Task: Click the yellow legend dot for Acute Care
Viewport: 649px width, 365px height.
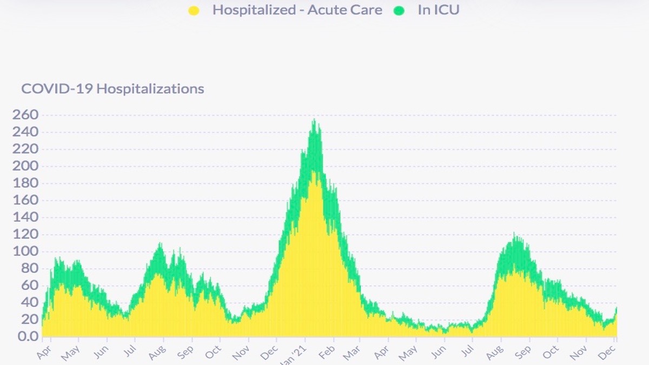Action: (x=193, y=10)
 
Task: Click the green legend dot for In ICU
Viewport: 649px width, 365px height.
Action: (x=399, y=10)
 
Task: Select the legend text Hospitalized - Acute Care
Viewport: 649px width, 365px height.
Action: (x=297, y=10)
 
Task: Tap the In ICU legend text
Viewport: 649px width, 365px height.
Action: (x=438, y=10)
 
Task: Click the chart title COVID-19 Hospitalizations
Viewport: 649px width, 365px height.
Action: (x=112, y=89)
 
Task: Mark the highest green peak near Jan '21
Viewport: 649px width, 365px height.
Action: (x=314, y=120)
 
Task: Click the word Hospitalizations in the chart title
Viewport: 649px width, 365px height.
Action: (x=150, y=89)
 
